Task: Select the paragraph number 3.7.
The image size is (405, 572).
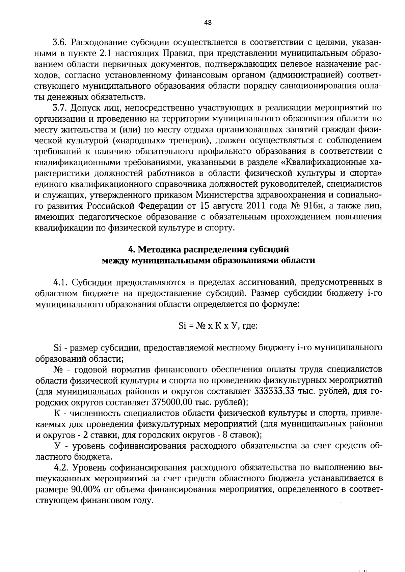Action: (60, 108)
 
